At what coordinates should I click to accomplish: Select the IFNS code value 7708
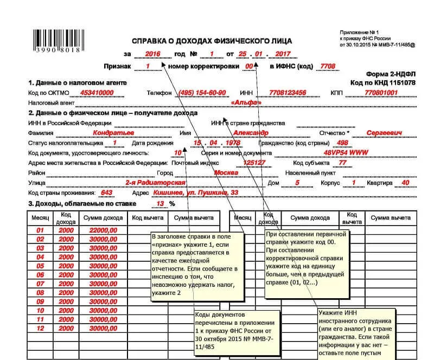pyautogui.click(x=328, y=66)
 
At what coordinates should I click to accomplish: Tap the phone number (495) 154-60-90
pyautogui.click(x=202, y=93)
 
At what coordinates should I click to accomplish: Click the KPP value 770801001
pyautogui.click(x=381, y=93)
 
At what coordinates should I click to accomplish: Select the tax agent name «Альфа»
pyautogui.click(x=246, y=102)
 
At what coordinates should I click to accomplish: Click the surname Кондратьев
pyautogui.click(x=114, y=133)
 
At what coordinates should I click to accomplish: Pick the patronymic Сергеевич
pyautogui.click(x=384, y=133)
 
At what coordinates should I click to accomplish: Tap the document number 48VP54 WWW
pyautogui.click(x=342, y=153)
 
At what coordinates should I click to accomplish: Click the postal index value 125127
pyautogui.click(x=254, y=163)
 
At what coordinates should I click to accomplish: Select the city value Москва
pyautogui.click(x=226, y=172)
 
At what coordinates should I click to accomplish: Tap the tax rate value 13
pyautogui.click(x=159, y=204)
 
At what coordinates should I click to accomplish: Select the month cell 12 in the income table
pyautogui.click(x=40, y=329)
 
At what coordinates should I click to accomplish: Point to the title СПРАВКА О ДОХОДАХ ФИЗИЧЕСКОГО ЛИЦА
pyautogui.click(x=212, y=41)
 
